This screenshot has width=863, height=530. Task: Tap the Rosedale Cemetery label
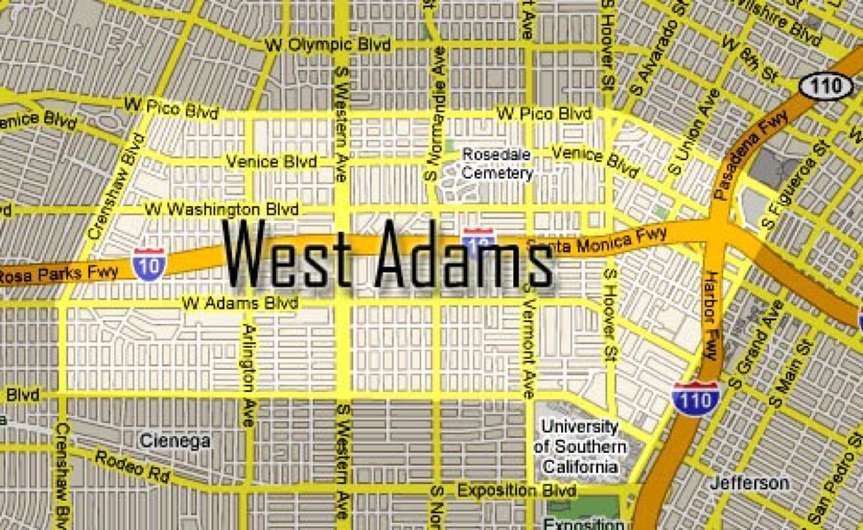click(x=497, y=164)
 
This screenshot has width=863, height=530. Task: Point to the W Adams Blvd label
click(x=240, y=303)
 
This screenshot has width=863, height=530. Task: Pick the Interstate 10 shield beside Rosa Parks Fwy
click(x=148, y=264)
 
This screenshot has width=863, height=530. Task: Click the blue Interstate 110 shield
click(x=693, y=398)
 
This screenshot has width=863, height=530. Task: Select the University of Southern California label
click(x=580, y=446)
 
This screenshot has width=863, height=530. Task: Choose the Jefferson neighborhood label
click(x=749, y=483)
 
